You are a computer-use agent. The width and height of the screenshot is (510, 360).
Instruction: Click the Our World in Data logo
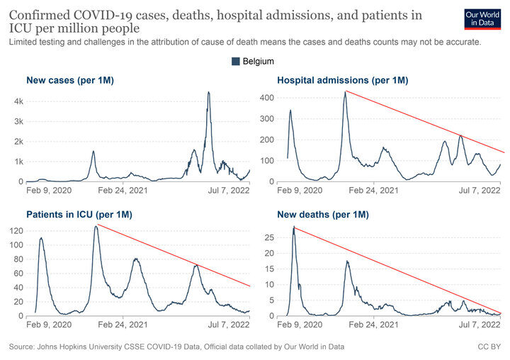pyautogui.click(x=482, y=19)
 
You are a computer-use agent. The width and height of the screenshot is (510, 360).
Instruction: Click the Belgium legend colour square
pyautogui.click(x=235, y=61)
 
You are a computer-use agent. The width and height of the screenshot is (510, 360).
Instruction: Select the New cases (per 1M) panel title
pyautogui.click(x=70, y=80)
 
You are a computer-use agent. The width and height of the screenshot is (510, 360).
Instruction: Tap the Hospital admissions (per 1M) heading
pyautogui.click(x=343, y=80)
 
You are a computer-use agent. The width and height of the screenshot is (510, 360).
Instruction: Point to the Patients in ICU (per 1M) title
pyautogui.click(x=79, y=215)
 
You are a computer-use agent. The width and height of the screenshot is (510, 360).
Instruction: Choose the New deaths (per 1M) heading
pyautogui.click(x=323, y=215)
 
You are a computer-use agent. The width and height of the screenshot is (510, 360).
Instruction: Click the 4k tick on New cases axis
pyautogui.click(x=18, y=101)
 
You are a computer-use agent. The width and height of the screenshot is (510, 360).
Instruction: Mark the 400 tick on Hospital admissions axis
pyautogui.click(x=267, y=98)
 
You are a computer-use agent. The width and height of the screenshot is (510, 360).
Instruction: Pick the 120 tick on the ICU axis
pyautogui.click(x=16, y=231)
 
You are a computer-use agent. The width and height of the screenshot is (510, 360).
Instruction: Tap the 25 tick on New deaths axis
pyautogui.click(x=270, y=237)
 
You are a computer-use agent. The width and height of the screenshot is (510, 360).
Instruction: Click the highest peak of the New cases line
pyautogui.click(x=208, y=92)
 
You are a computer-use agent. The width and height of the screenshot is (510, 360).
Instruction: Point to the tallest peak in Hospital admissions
pyautogui.click(x=346, y=92)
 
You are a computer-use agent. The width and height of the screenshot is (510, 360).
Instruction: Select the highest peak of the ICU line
pyautogui.click(x=96, y=226)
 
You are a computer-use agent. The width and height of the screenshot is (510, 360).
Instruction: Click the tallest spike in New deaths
pyautogui.click(x=294, y=227)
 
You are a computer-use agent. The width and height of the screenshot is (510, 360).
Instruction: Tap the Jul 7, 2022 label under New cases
pyautogui.click(x=229, y=191)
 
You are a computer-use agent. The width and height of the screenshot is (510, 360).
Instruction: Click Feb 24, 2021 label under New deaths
pyautogui.click(x=373, y=325)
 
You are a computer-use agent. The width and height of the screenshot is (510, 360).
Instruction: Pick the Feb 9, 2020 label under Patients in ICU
pyautogui.click(x=49, y=325)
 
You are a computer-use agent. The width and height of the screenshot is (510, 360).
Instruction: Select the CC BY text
pyautogui.click(x=489, y=347)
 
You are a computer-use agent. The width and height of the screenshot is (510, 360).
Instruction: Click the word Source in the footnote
pyautogui.click(x=21, y=347)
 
